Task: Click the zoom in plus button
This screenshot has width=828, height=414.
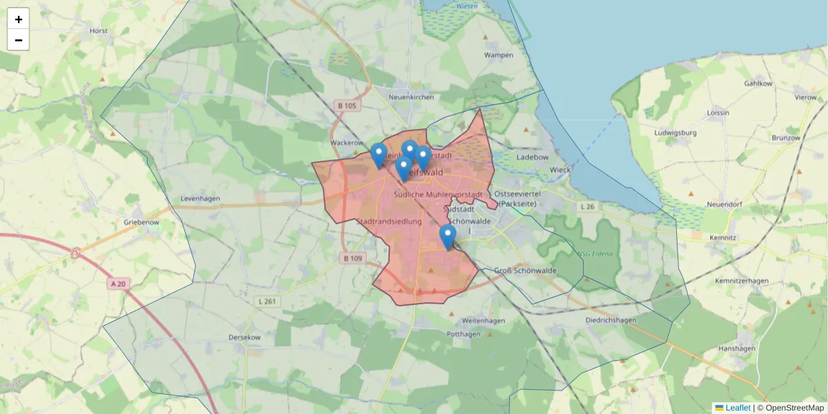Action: tap(18, 19)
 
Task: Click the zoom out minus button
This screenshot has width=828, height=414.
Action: tap(18, 40)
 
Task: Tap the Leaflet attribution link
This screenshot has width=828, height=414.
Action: tap(737, 408)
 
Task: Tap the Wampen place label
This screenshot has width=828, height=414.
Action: tap(498, 55)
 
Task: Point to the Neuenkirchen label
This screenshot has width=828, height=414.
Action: tap(411, 97)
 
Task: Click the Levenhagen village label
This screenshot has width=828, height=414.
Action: tap(200, 199)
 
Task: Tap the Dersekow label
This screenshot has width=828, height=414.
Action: tap(244, 337)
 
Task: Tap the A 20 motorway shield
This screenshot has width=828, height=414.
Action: tap(119, 283)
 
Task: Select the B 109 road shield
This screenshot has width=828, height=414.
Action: tap(352, 258)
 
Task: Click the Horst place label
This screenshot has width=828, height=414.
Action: tap(99, 31)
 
